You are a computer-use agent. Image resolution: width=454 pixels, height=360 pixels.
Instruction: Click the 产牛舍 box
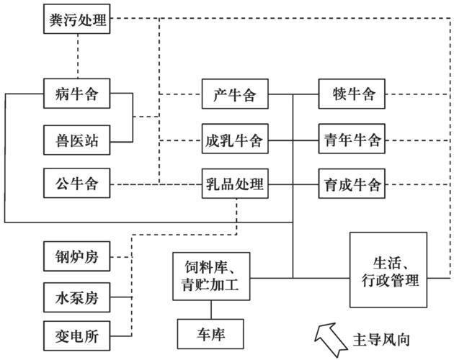pyautogui.click(x=234, y=94)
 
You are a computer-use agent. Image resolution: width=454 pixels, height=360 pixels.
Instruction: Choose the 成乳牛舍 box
pyautogui.click(x=234, y=140)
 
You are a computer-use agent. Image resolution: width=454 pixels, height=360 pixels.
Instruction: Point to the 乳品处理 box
pyautogui.click(x=234, y=185)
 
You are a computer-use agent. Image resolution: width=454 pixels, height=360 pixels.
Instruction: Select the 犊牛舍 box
pyautogui.click(x=351, y=94)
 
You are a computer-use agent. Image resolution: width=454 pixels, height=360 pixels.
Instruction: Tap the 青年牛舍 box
pyautogui.click(x=351, y=140)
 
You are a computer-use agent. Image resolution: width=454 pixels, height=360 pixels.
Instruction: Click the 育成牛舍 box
pyautogui.click(x=351, y=185)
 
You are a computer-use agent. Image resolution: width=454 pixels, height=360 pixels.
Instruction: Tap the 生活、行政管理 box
pyautogui.click(x=388, y=269)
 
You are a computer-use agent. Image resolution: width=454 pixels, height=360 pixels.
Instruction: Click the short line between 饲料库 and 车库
pyautogui.click(x=211, y=310)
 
